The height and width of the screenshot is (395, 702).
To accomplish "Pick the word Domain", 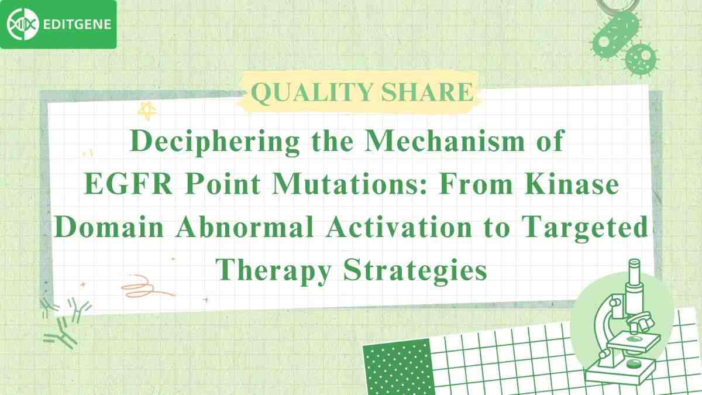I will [105, 228].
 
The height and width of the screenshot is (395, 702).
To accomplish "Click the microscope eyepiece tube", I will [634, 275].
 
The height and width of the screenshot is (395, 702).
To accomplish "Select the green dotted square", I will [397, 369].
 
